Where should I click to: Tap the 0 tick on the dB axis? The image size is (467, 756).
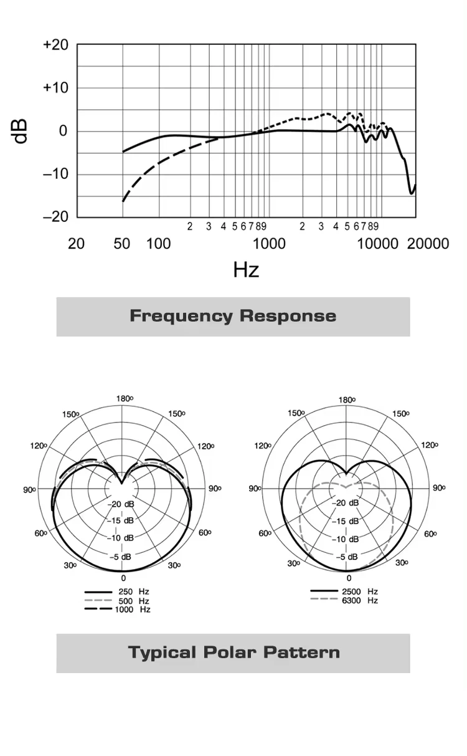click(63, 132)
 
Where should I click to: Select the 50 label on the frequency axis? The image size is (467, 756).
click(122, 243)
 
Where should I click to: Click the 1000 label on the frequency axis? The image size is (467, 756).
click(270, 243)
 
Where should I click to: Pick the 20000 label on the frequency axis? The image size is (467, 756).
click(428, 243)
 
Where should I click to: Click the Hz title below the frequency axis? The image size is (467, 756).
click(246, 270)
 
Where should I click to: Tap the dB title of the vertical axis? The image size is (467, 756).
click(21, 132)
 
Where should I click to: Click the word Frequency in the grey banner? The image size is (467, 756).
click(181, 316)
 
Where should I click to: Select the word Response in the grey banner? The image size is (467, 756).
click(288, 316)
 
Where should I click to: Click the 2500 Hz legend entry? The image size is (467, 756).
click(359, 591)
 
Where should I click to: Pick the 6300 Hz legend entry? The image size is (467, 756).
click(359, 600)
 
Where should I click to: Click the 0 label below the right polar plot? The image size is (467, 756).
click(349, 579)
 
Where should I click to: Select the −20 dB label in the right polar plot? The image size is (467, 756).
click(347, 503)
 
